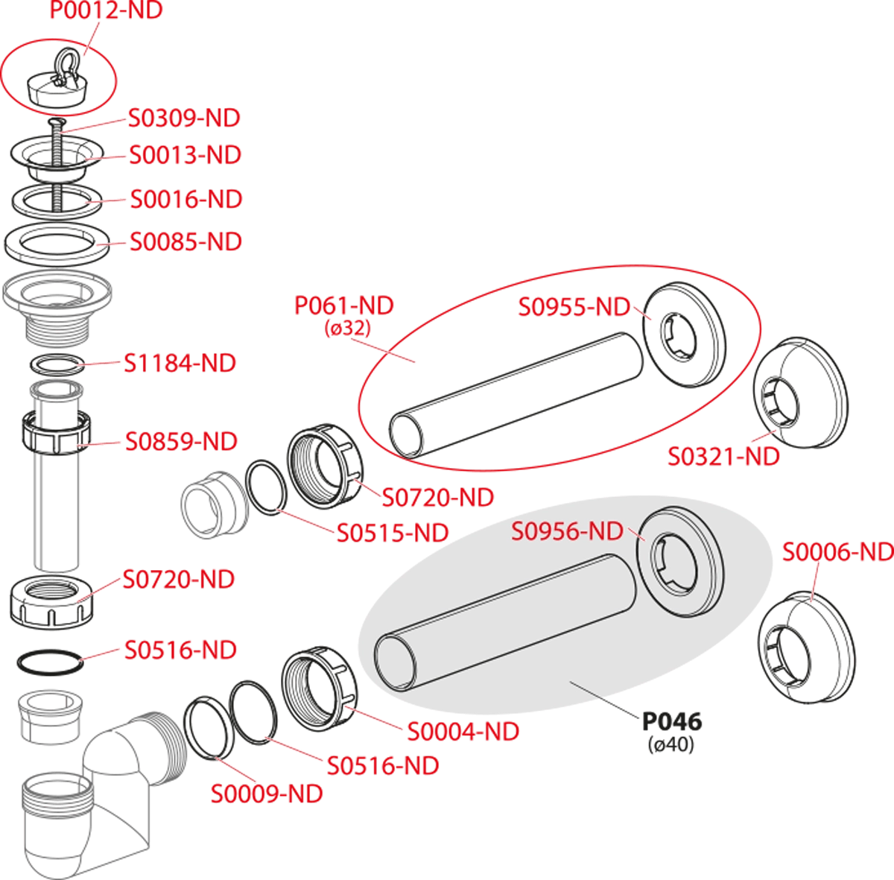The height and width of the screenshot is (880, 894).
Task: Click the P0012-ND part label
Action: pyautogui.click(x=107, y=10)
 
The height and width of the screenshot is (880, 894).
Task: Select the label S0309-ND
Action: pyautogui.click(x=184, y=118)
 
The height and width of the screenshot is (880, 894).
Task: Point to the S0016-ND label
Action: pyautogui.click(x=186, y=199)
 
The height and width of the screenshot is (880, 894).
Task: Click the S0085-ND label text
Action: pyautogui.click(x=186, y=242)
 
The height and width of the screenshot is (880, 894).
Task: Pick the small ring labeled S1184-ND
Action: pyautogui.click(x=58, y=364)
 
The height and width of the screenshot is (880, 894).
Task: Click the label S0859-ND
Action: pyautogui.click(x=181, y=441)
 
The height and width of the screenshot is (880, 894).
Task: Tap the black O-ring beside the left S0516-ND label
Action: pyautogui.click(x=51, y=662)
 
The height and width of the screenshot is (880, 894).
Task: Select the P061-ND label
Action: pyautogui.click(x=344, y=306)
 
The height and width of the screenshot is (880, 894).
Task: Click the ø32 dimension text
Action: pyautogui.click(x=348, y=328)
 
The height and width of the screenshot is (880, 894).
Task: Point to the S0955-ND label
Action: pyautogui.click(x=574, y=307)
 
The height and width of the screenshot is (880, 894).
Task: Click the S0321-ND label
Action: pyautogui.click(x=723, y=457)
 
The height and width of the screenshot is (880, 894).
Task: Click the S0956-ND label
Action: pyautogui.click(x=567, y=531)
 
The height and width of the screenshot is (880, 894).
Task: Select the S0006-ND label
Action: pyautogui.click(x=838, y=552)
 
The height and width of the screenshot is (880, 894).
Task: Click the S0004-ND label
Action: pyautogui.click(x=463, y=732)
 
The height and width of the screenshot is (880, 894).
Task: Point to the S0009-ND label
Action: pyautogui.click(x=267, y=794)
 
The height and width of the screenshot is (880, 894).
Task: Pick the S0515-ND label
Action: pyautogui.click(x=393, y=533)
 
